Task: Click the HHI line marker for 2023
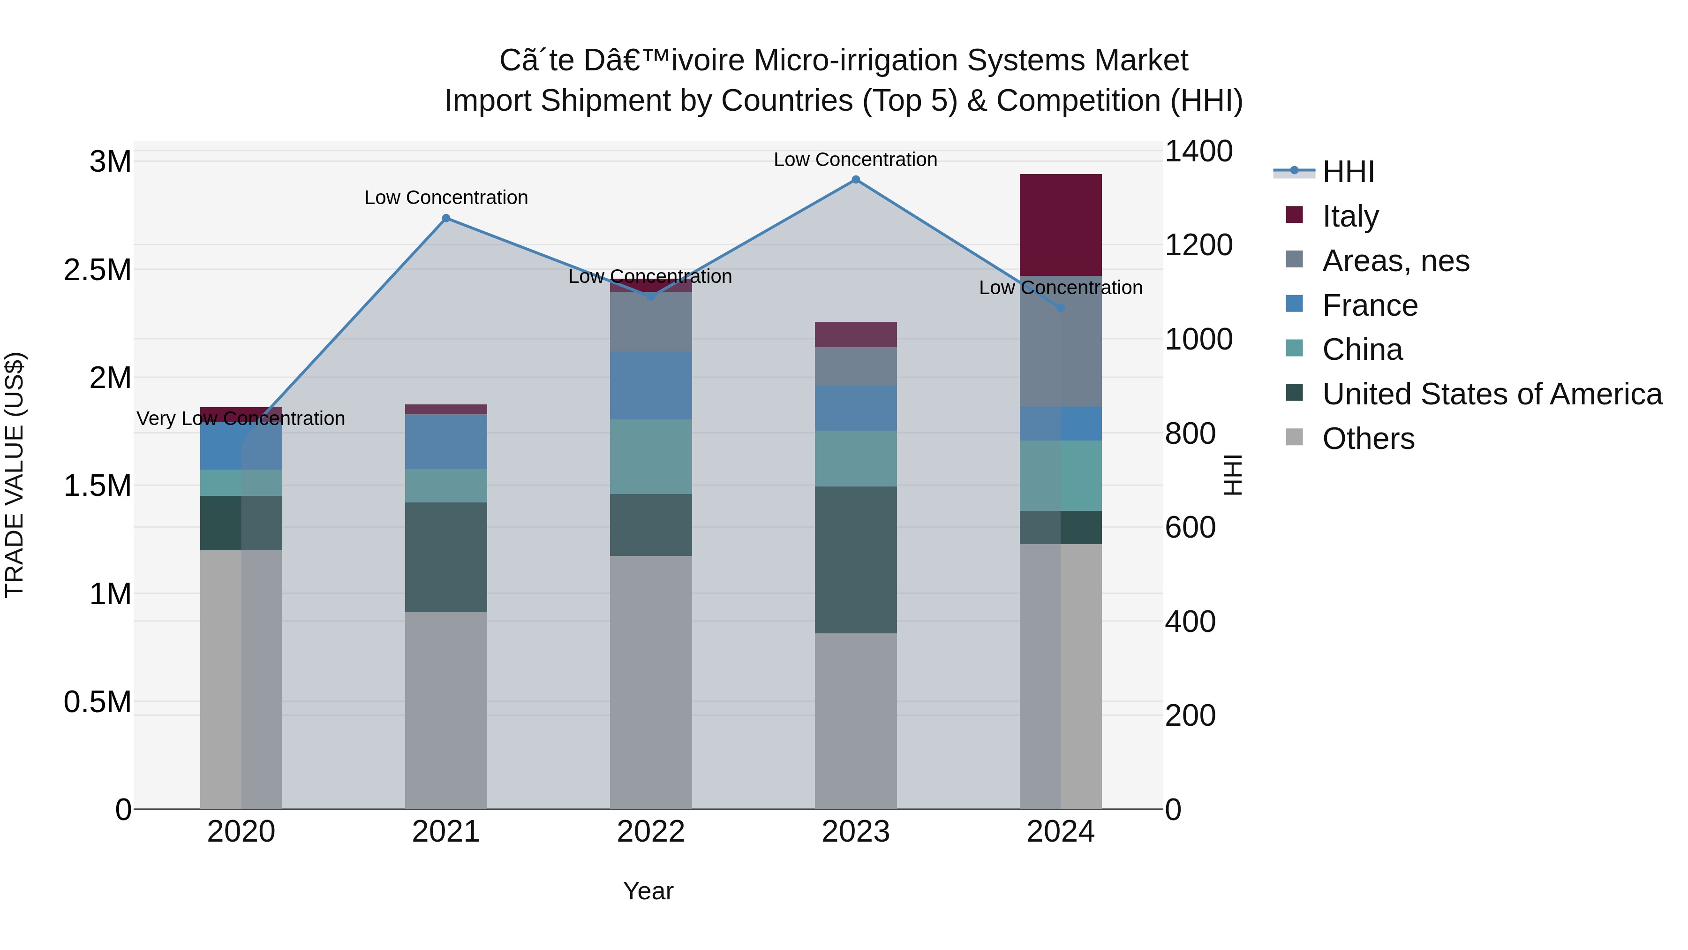[855, 180]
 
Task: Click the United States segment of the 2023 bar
[855, 559]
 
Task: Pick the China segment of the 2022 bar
[651, 456]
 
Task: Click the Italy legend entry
[1350, 216]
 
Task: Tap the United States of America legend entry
[1492, 394]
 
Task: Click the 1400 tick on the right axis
[1198, 152]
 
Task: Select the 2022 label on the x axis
[651, 832]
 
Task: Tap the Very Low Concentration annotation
[241, 418]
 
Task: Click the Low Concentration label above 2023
[855, 160]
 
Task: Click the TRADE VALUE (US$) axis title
[15, 475]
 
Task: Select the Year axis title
[648, 891]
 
